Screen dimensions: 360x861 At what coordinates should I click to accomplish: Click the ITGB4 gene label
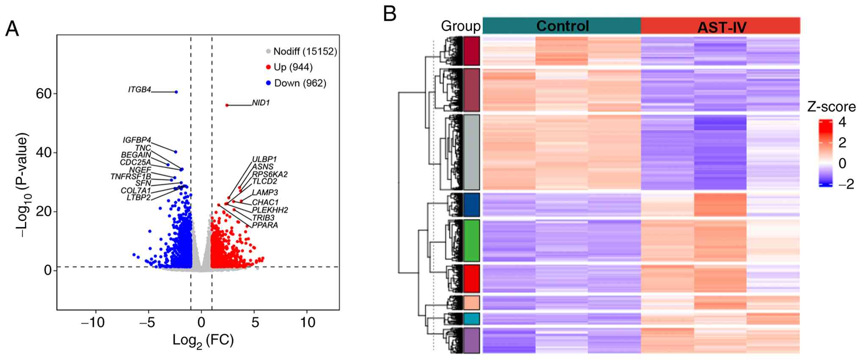click(139, 89)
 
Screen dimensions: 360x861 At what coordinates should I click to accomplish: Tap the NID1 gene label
click(261, 103)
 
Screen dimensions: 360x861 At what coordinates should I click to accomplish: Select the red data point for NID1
click(227, 105)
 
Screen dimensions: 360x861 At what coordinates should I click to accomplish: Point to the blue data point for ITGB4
click(176, 92)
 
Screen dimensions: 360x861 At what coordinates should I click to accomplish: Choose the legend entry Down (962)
click(300, 83)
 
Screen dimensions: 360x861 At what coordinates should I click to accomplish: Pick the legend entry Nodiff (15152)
click(305, 51)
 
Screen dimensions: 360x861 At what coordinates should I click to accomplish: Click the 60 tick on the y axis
click(44, 94)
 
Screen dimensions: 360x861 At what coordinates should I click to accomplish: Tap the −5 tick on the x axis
click(148, 323)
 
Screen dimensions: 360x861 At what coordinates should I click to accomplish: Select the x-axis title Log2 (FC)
click(203, 340)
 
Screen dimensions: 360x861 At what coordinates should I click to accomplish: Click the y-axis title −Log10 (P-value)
click(22, 186)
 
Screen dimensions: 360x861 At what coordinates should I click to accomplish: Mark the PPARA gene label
click(265, 225)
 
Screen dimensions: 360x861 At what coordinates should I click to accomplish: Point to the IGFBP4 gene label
click(136, 140)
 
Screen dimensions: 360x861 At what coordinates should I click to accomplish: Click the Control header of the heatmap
click(562, 26)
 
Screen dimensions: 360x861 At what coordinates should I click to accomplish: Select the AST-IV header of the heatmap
click(721, 27)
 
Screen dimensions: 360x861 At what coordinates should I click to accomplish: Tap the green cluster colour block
click(472, 241)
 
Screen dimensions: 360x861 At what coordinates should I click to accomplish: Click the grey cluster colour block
click(472, 152)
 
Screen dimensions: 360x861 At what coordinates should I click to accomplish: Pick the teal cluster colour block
click(472, 318)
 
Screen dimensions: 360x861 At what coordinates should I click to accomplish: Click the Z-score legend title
click(831, 106)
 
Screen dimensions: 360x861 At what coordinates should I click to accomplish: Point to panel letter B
click(389, 14)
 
